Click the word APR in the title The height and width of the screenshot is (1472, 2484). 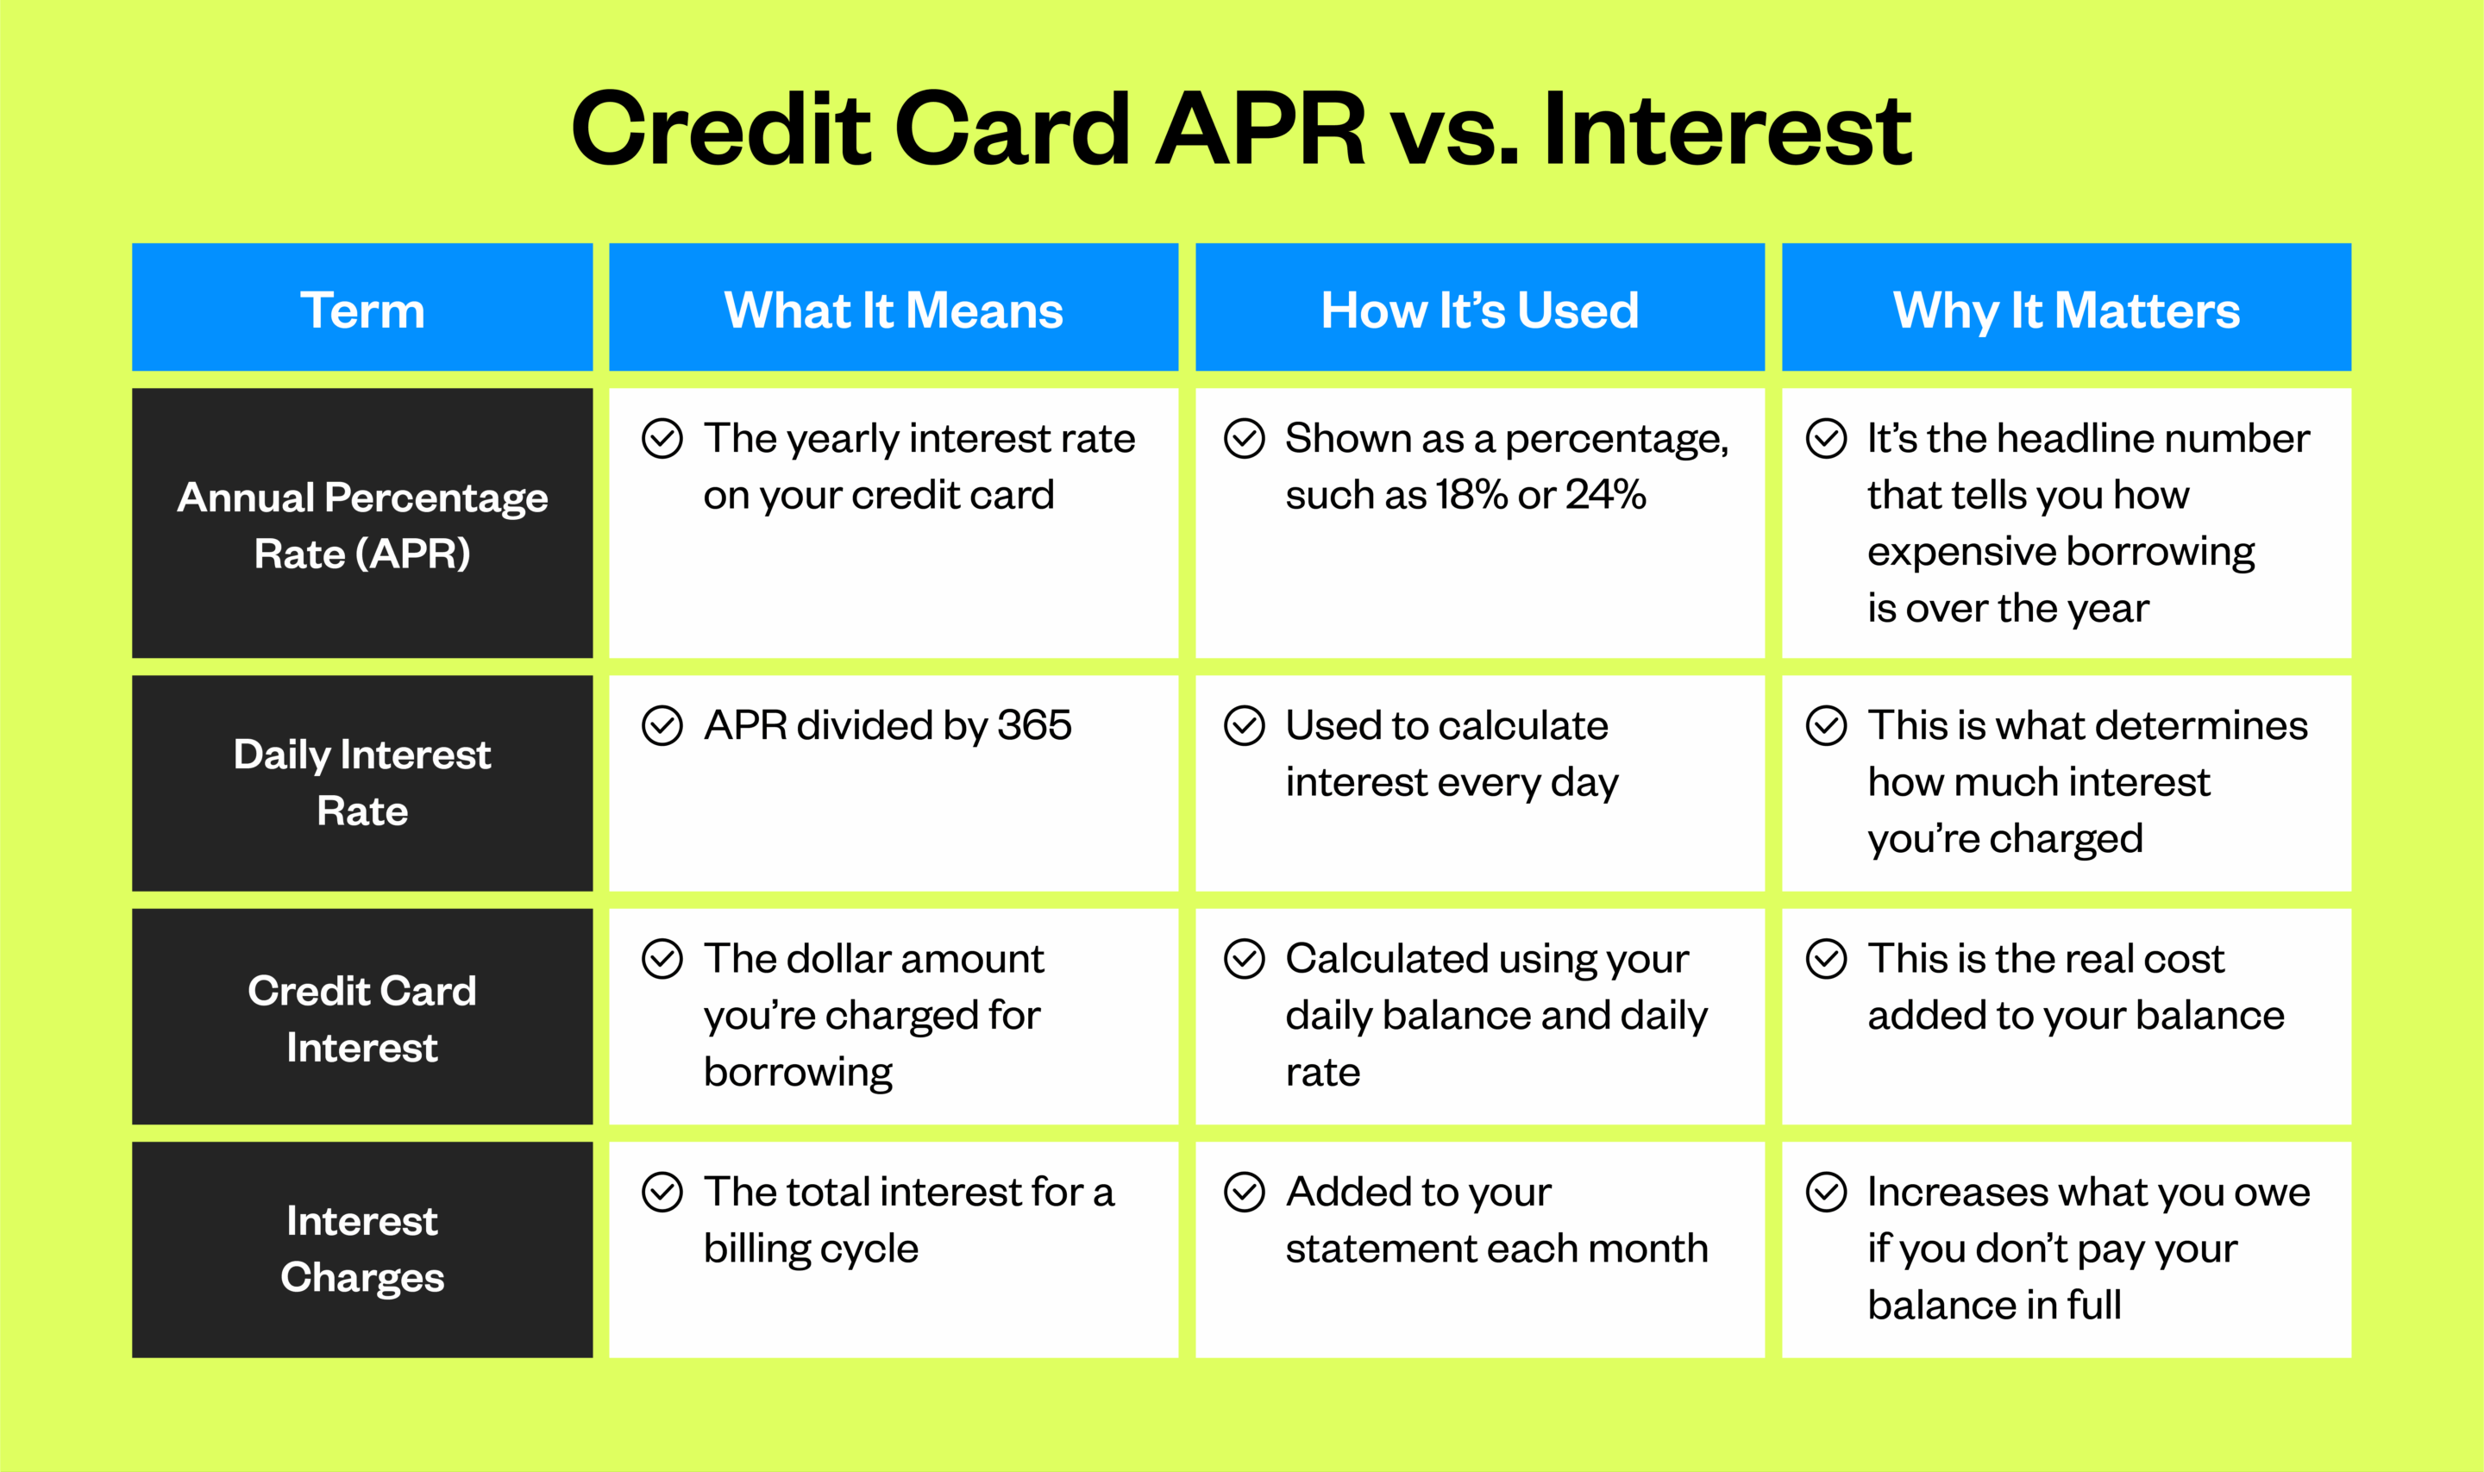[1260, 129]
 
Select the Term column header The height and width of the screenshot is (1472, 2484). [362, 310]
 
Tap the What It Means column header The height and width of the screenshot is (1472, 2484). [893, 310]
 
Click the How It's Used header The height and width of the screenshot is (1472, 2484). [1479, 310]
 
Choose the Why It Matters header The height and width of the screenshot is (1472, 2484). [2066, 310]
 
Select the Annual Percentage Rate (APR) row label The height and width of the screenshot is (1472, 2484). [362, 524]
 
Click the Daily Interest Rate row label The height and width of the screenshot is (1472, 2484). [362, 783]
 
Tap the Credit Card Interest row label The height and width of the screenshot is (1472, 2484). [362, 1018]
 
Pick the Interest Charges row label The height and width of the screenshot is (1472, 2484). [362, 1249]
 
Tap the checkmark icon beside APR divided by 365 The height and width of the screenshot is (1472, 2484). [662, 725]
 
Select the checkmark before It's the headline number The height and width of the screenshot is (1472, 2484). [1826, 437]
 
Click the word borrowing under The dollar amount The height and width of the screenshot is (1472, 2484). [798, 1072]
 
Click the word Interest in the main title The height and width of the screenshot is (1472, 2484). [1726, 129]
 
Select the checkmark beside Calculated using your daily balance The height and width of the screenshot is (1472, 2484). [1244, 959]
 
